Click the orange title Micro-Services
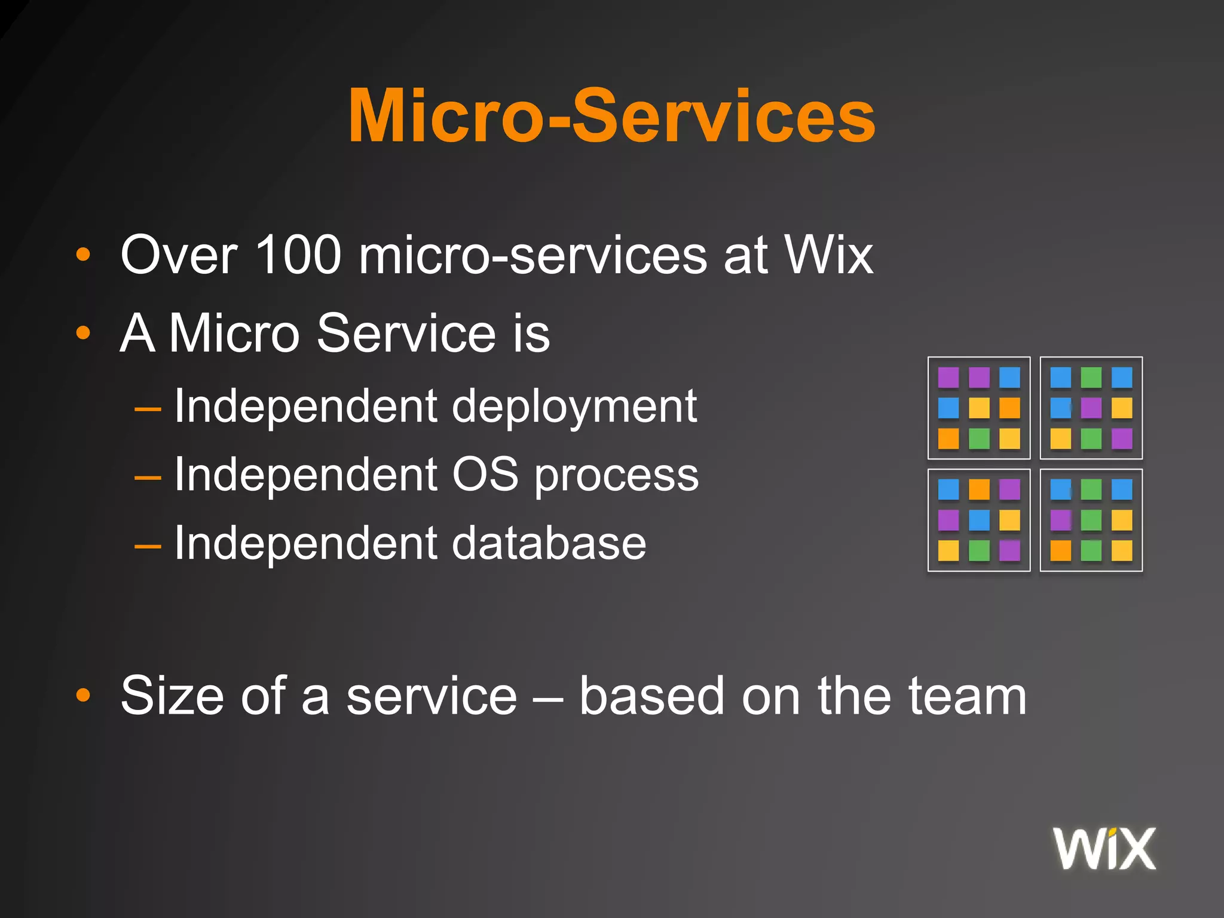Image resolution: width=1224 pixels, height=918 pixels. coord(611,116)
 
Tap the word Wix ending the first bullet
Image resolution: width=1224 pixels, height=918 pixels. coord(828,255)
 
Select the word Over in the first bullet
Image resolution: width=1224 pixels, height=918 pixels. coord(179,255)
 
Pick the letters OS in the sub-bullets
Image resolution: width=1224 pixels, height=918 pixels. coord(485,475)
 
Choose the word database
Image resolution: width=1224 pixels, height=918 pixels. coord(549,543)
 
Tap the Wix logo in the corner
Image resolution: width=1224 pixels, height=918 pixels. coord(1104,849)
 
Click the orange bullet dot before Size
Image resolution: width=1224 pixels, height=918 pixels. coord(83,695)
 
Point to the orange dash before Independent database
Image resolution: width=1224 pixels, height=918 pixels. coord(148,546)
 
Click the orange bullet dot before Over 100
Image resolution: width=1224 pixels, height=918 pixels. coord(83,256)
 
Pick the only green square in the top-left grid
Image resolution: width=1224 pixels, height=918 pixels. coord(979,439)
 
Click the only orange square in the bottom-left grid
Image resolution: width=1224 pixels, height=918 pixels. coord(979,489)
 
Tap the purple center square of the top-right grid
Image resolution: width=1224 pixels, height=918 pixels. coord(1091,408)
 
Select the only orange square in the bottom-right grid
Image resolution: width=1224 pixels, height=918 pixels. coord(1061,550)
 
